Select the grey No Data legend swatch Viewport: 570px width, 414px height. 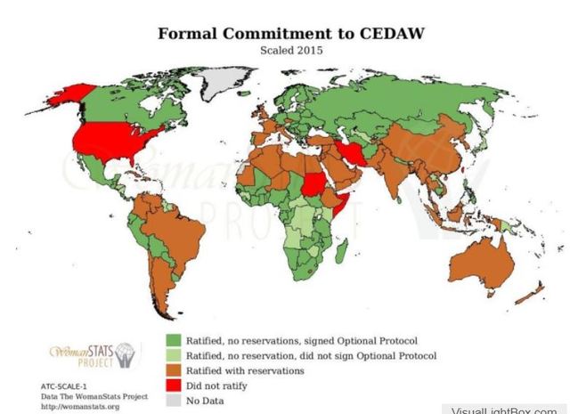(174, 401)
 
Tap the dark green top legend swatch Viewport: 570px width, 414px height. (174, 341)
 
